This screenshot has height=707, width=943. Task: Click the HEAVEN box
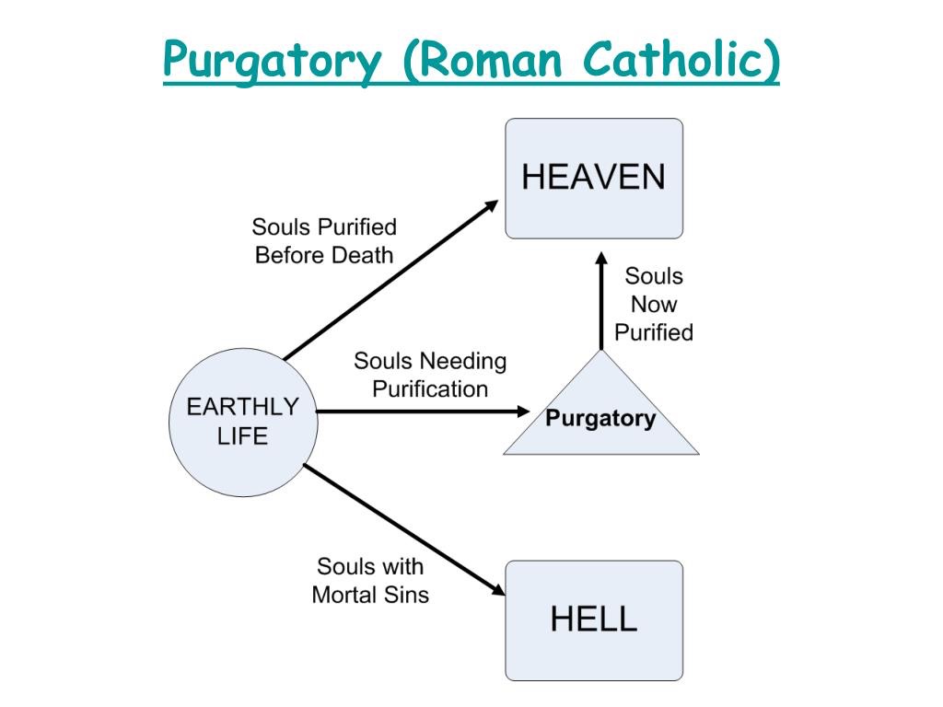click(594, 178)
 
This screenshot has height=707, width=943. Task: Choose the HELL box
click(594, 620)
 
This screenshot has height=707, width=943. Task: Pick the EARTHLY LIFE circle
click(243, 422)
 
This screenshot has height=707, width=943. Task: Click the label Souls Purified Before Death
click(324, 240)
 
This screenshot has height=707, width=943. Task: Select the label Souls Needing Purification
click(430, 375)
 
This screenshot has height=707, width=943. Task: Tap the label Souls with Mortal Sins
click(370, 580)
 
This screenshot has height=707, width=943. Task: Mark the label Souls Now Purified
click(654, 304)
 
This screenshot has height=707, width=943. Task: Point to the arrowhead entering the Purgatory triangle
click(524, 411)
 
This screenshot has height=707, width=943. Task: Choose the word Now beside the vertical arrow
click(654, 304)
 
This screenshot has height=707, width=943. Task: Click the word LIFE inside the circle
click(242, 435)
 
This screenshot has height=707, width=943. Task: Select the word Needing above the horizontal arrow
click(464, 361)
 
